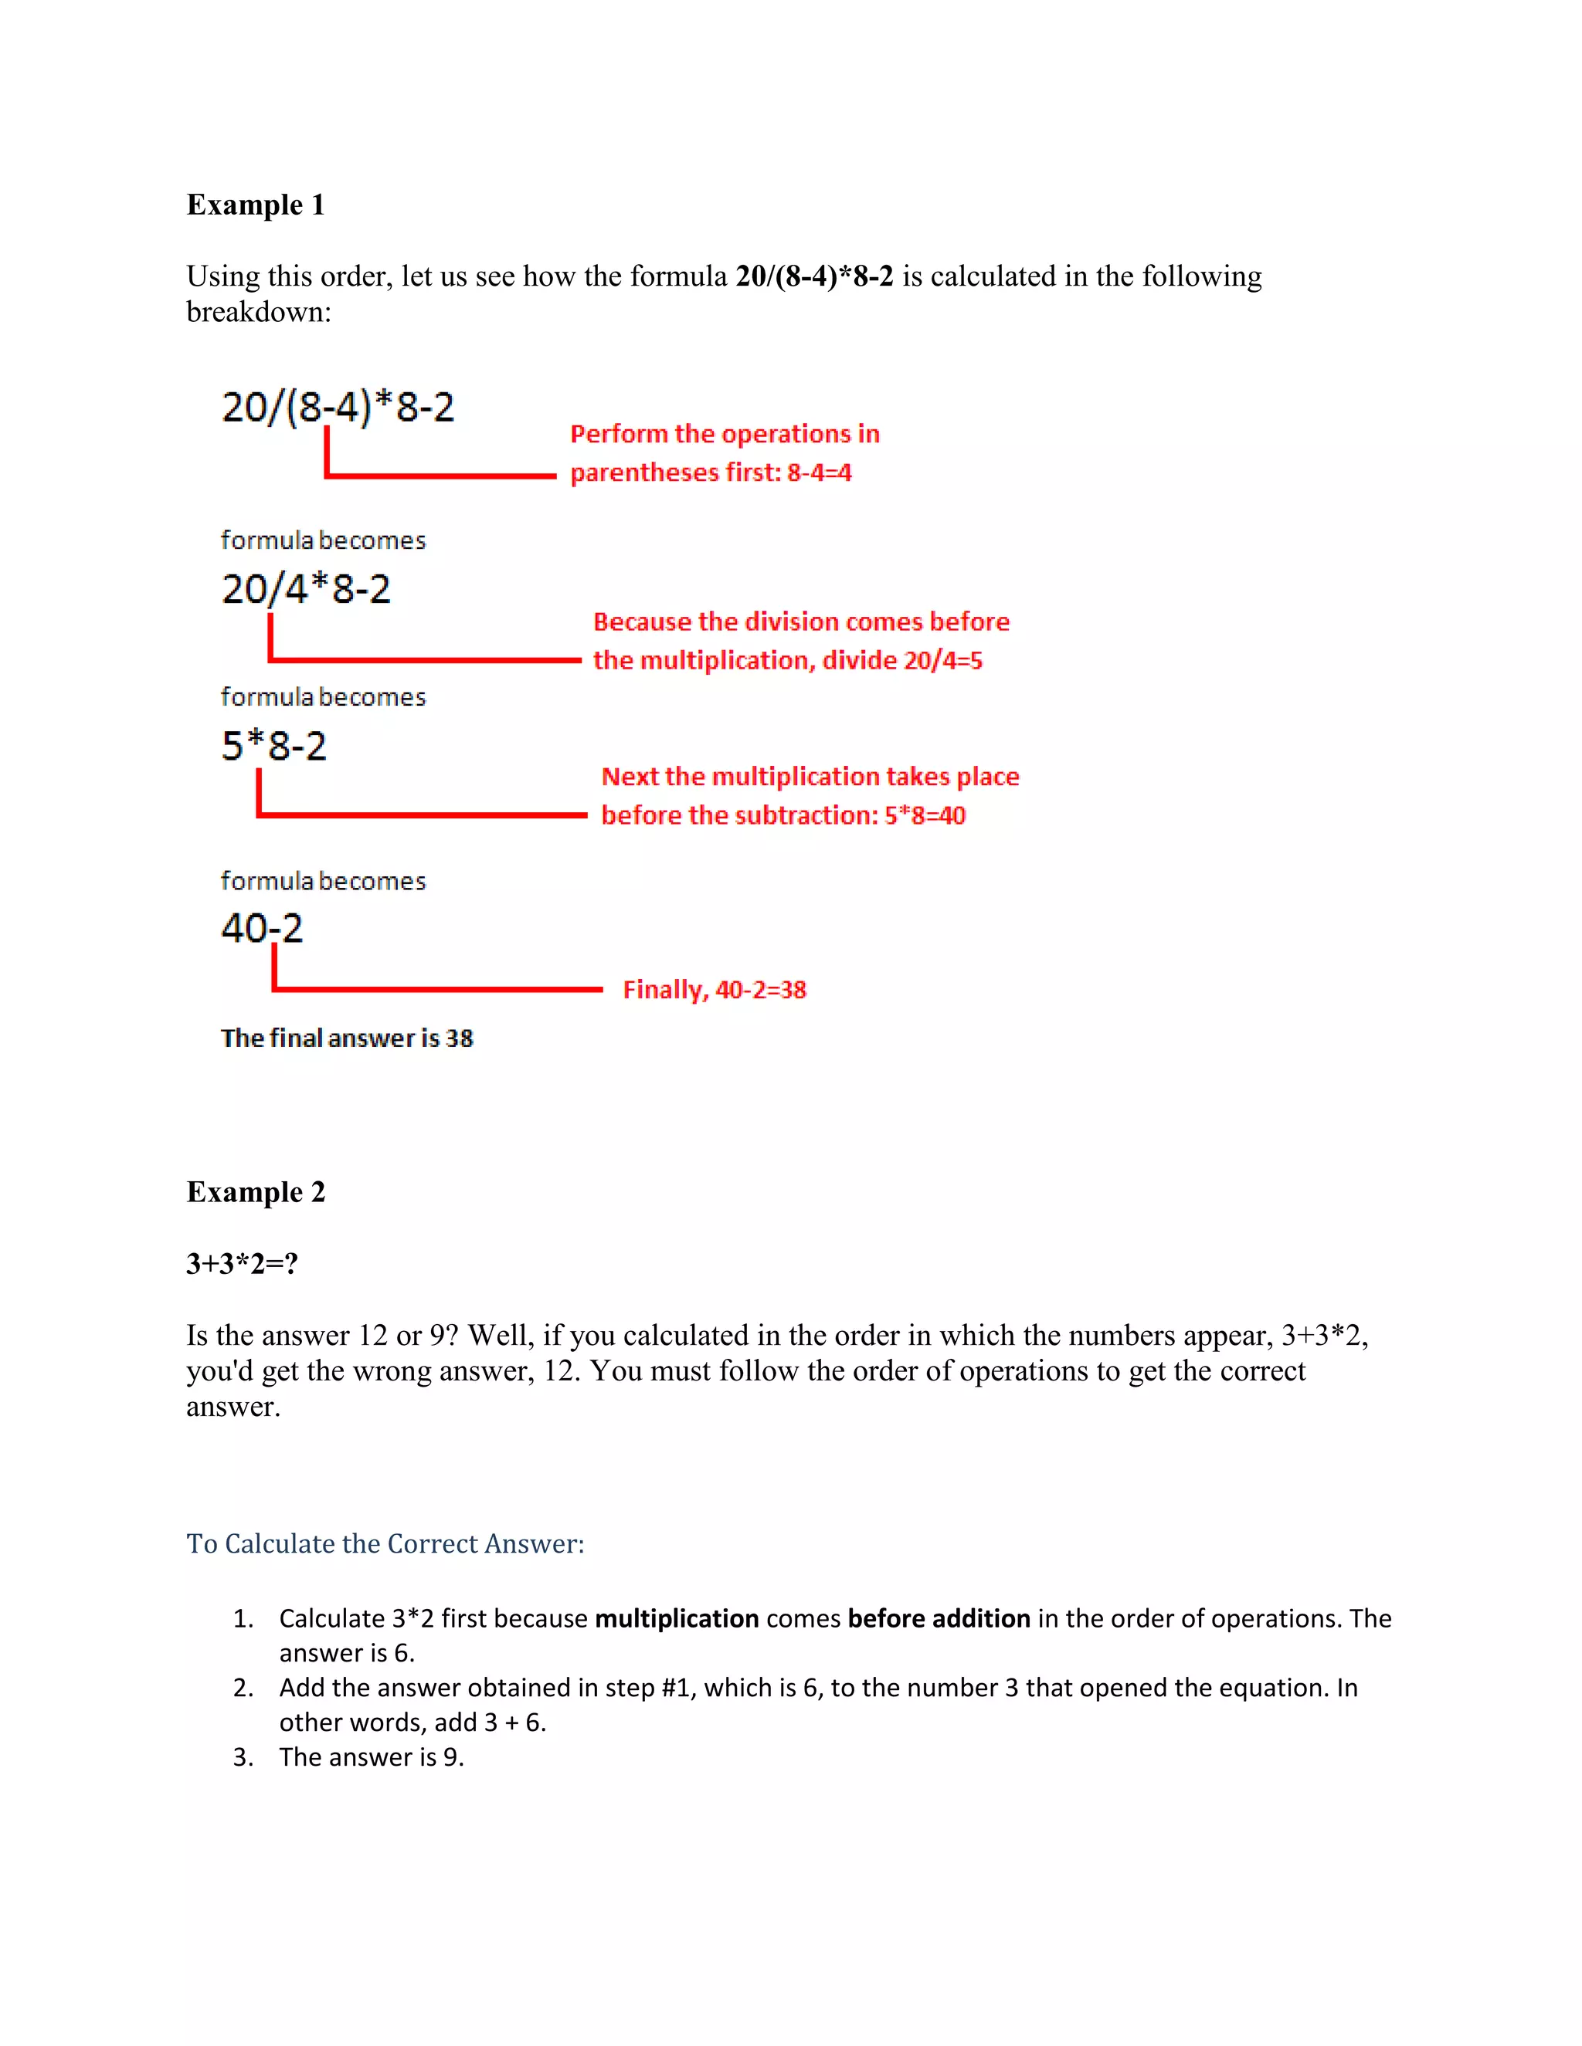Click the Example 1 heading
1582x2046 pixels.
(255, 205)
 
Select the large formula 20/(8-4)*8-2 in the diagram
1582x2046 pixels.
(338, 407)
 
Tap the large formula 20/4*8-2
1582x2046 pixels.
(306, 588)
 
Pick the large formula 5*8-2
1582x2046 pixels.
(273, 746)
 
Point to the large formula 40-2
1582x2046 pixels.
(262, 927)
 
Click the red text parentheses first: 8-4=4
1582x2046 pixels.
(711, 473)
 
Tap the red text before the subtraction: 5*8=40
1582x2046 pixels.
(783, 815)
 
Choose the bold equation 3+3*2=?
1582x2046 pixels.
(242, 1263)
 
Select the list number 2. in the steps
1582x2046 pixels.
(243, 1687)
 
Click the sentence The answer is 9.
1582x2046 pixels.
(371, 1756)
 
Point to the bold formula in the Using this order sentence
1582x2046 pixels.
(814, 276)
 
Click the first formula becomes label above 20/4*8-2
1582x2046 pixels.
(322, 540)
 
